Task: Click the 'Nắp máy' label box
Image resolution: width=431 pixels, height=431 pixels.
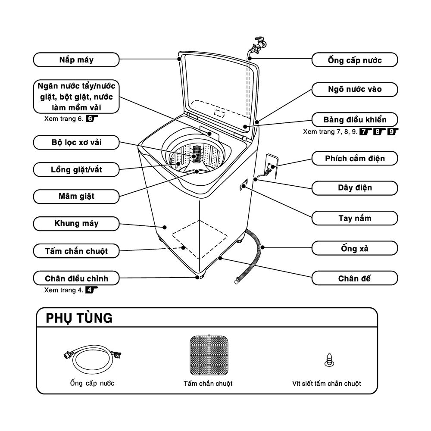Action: point(76,59)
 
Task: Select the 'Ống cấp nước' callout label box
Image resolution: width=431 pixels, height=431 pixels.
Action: point(354,60)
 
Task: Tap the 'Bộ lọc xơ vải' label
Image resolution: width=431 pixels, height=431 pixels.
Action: point(76,142)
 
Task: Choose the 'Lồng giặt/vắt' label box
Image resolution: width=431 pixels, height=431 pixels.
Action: point(76,169)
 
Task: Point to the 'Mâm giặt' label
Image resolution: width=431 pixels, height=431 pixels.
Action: point(76,197)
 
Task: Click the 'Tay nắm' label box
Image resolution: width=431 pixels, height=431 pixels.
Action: point(354,218)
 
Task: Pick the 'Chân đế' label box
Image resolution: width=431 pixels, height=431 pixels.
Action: point(354,278)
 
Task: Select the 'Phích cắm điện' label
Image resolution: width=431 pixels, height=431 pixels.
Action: point(354,158)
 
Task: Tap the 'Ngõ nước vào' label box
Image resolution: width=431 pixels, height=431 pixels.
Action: point(354,90)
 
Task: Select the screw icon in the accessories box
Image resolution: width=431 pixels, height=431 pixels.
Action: point(330,359)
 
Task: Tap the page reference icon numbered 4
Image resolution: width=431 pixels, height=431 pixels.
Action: point(90,290)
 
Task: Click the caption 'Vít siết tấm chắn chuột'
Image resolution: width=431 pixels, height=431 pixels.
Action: point(326,383)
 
